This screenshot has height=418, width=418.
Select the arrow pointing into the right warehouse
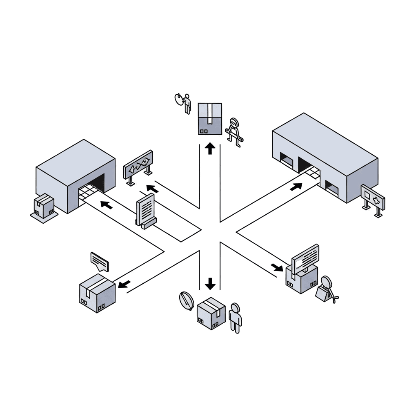(296, 187)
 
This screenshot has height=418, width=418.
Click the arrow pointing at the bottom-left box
(124, 283)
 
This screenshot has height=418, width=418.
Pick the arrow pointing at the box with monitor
(277, 267)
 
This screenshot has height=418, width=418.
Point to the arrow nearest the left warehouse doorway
(107, 205)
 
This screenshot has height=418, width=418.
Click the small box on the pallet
(44, 205)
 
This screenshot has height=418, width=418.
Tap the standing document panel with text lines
(145, 209)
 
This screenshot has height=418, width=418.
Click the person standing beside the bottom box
(235, 318)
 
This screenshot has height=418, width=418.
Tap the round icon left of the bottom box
(185, 300)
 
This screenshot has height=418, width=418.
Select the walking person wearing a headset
(234, 131)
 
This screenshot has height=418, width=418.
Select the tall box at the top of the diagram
(210, 118)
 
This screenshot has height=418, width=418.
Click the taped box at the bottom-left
(97, 293)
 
